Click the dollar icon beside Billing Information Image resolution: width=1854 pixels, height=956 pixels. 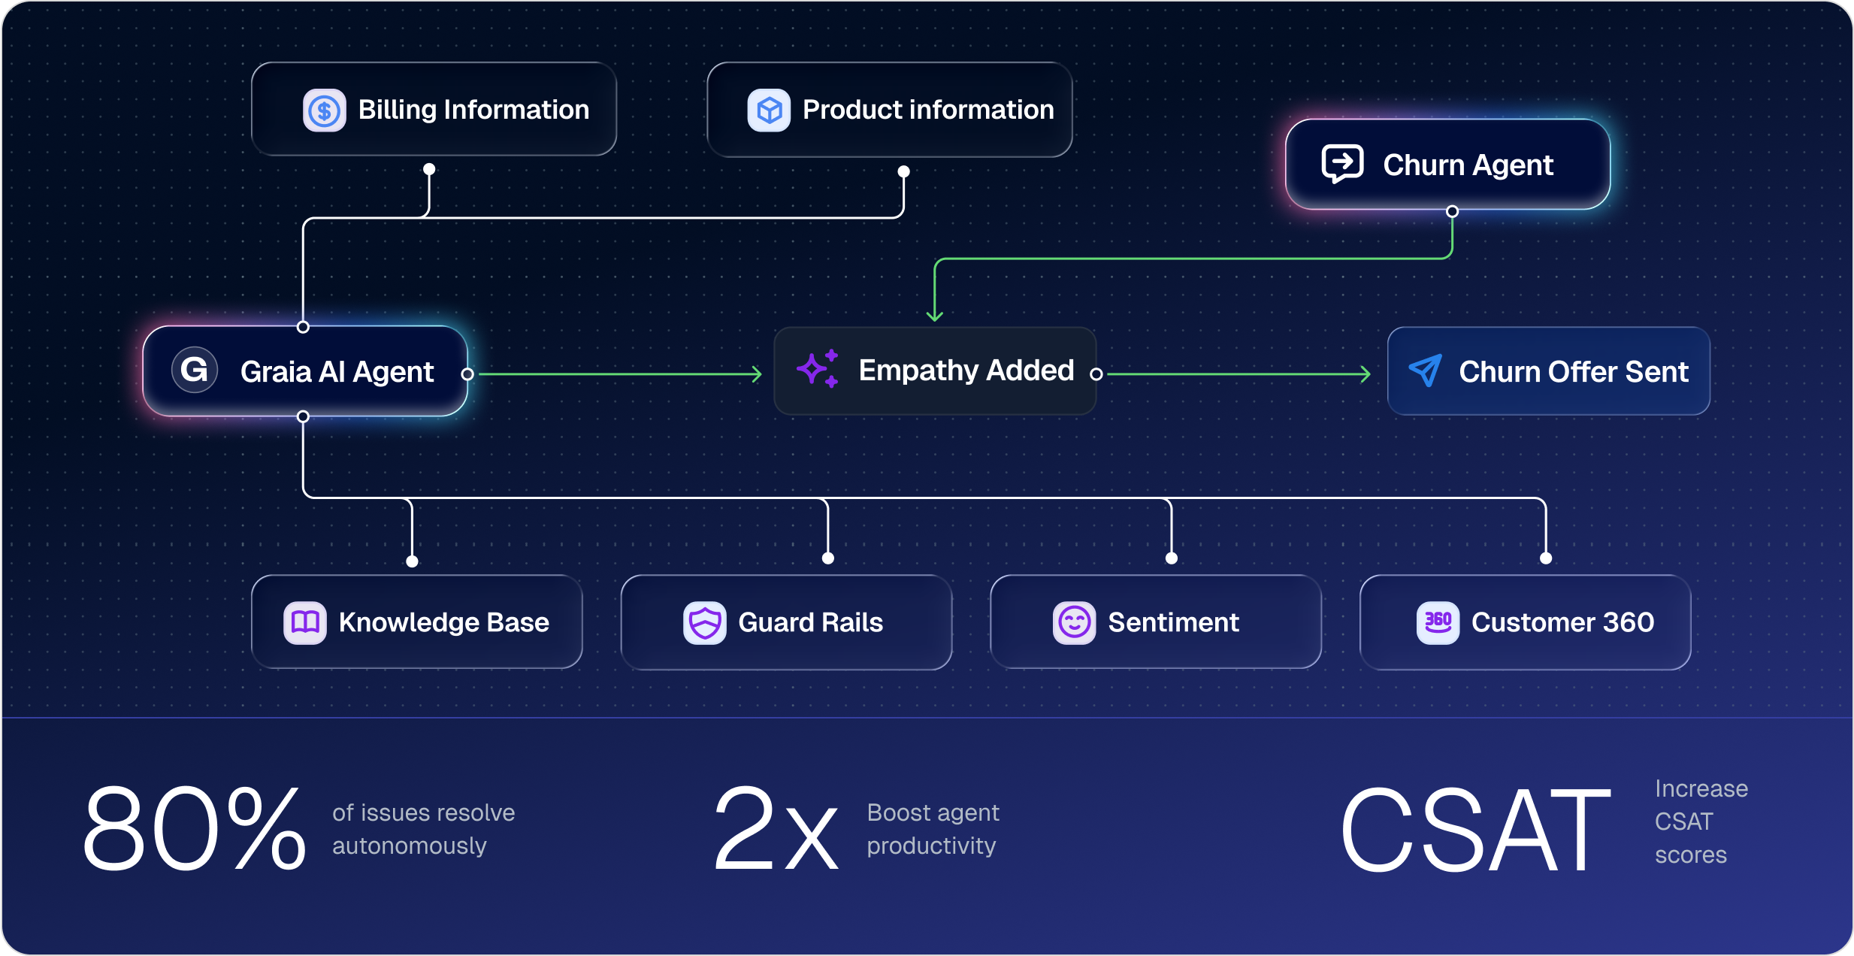pyautogui.click(x=324, y=110)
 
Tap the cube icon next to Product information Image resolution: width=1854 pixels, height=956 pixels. pyautogui.click(x=768, y=110)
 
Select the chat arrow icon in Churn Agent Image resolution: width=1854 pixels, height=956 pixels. pyautogui.click(x=1342, y=163)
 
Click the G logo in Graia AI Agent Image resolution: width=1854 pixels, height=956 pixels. pyautogui.click(x=195, y=370)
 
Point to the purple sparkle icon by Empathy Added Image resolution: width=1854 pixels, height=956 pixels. pyautogui.click(x=818, y=369)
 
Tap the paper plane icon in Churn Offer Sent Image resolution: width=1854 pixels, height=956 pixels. pyautogui.click(x=1425, y=371)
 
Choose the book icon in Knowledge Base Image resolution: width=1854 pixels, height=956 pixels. pyautogui.click(x=305, y=622)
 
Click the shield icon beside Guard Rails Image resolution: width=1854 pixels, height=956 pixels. pyautogui.click(x=704, y=622)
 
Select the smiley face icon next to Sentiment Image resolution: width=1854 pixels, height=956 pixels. pyautogui.click(x=1074, y=622)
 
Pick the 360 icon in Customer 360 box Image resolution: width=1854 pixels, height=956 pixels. pyautogui.click(x=1438, y=622)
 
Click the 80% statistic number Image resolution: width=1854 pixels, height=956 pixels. pyautogui.click(x=194, y=828)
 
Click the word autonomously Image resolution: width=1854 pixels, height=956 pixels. pyautogui.click(x=410, y=846)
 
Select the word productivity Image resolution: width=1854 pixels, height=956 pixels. pyautogui.click(x=931, y=846)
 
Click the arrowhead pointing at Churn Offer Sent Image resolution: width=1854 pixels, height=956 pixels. pyautogui.click(x=1366, y=374)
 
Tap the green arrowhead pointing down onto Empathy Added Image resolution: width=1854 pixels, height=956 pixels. pyautogui.click(x=935, y=316)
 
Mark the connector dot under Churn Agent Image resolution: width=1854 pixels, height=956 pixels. pyautogui.click(x=1452, y=212)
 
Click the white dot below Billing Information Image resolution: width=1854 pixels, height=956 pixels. pyautogui.click(x=429, y=169)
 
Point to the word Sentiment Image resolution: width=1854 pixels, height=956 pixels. pyautogui.click(x=1173, y=622)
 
